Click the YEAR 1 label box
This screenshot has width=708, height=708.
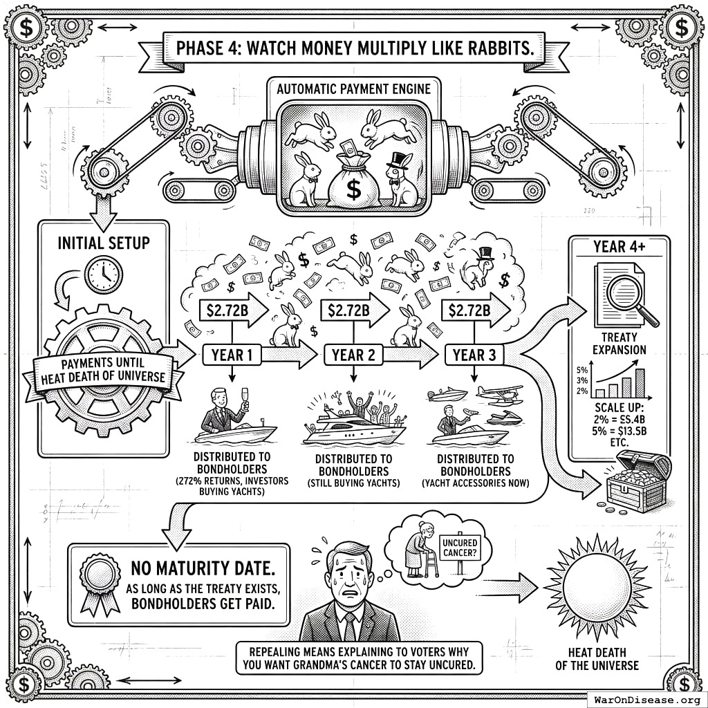[232, 355]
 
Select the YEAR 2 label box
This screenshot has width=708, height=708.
[353, 355]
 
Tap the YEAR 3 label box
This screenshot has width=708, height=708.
[474, 355]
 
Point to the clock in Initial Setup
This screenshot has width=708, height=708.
[103, 274]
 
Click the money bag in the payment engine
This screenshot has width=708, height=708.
[353, 183]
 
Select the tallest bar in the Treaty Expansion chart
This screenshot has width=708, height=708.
[640, 382]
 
